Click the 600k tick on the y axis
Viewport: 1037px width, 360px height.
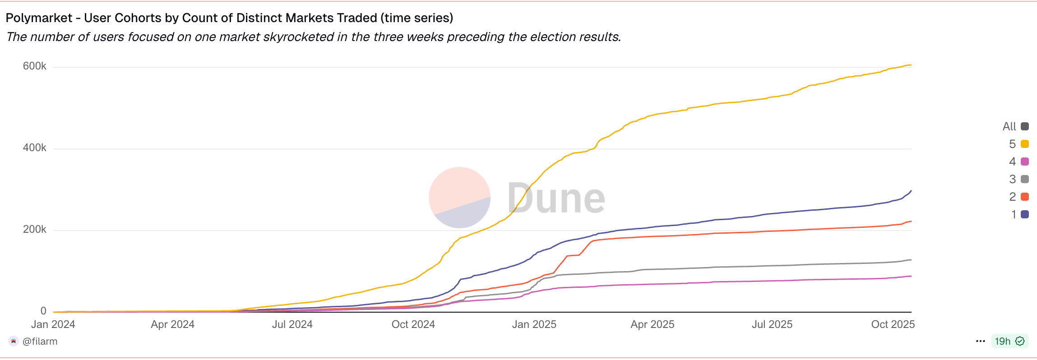click(x=34, y=66)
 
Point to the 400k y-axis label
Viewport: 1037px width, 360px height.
click(x=34, y=148)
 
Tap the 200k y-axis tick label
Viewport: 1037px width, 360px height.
click(x=34, y=230)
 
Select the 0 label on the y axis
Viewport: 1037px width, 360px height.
click(x=43, y=311)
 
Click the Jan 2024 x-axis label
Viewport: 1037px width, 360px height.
click(x=53, y=324)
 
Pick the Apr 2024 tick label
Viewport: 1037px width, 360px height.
click(x=172, y=324)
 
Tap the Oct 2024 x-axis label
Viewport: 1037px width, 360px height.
click(x=413, y=324)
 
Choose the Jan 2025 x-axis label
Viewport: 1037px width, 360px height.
click(x=534, y=324)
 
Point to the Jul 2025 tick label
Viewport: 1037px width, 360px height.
click(x=772, y=324)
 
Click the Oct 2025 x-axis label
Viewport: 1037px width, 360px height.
click(x=893, y=324)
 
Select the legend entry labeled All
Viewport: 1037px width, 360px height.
click(x=1015, y=126)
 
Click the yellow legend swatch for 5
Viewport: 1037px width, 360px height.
click(x=1025, y=144)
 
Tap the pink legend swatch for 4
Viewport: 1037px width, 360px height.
click(x=1025, y=162)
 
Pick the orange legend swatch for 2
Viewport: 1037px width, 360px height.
click(x=1025, y=197)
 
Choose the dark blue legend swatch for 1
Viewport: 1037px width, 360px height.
click(x=1025, y=214)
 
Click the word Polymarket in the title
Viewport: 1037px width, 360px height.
click(x=39, y=18)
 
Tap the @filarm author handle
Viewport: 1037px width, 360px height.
click(x=40, y=342)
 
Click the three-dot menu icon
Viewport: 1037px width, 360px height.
click(x=980, y=341)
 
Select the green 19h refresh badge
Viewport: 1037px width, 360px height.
click(x=1009, y=341)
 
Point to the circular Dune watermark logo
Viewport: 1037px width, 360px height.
click(x=459, y=198)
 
